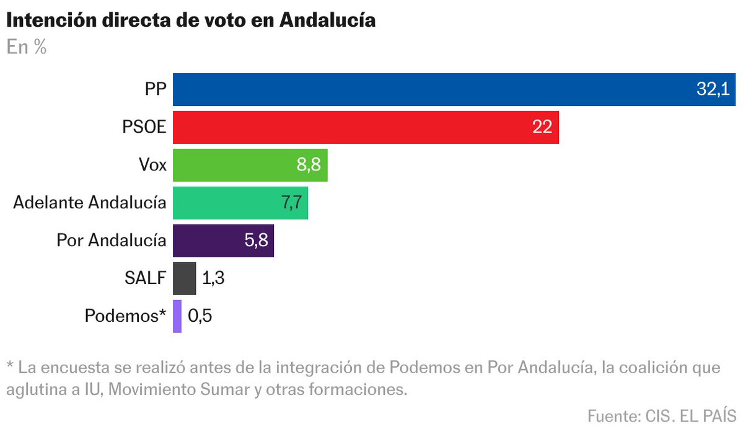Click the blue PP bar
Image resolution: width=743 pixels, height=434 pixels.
click(x=434, y=89)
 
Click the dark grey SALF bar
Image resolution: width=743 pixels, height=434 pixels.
click(x=184, y=278)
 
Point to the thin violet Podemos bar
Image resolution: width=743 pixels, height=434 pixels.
click(x=177, y=316)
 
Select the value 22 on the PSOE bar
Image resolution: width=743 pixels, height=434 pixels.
click(x=542, y=127)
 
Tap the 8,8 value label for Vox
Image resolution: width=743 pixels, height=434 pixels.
click(x=309, y=165)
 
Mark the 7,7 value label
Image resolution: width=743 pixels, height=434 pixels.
click(x=290, y=203)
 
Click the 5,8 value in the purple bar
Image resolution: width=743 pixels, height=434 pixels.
click(x=256, y=241)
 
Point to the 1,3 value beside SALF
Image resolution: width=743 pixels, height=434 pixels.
click(x=213, y=278)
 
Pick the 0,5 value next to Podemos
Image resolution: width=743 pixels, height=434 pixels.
click(x=200, y=316)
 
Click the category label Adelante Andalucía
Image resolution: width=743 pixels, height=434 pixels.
click(x=89, y=203)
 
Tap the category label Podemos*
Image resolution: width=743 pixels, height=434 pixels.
click(x=125, y=316)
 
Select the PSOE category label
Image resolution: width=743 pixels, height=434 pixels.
click(x=144, y=127)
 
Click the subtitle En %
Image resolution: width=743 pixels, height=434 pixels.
click(x=27, y=47)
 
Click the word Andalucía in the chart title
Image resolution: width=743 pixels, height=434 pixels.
click(x=327, y=20)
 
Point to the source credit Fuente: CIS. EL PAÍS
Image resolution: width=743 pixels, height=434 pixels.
click(x=661, y=415)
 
